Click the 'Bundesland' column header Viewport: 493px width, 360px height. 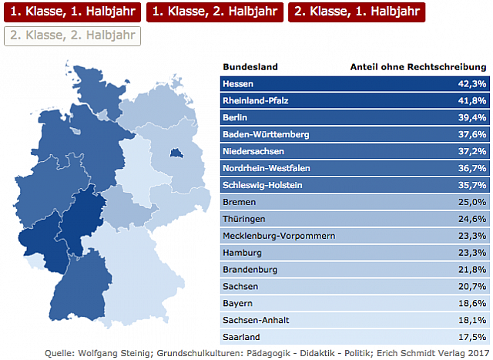pos(250,66)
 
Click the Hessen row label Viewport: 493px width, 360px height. pos(237,83)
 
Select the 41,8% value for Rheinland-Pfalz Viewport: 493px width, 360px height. pos(472,100)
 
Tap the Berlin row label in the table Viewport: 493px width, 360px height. pos(234,117)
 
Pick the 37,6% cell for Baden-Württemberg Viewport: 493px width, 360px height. pos(472,134)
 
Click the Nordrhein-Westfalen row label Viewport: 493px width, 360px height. pos(267,168)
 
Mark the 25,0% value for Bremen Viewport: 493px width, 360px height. pos(472,202)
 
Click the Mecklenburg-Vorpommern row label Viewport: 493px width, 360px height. pos(278,236)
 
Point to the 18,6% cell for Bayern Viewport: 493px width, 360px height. pos(472,304)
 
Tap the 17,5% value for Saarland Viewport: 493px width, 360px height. pos(472,338)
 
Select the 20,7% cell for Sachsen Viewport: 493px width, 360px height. pos(472,287)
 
